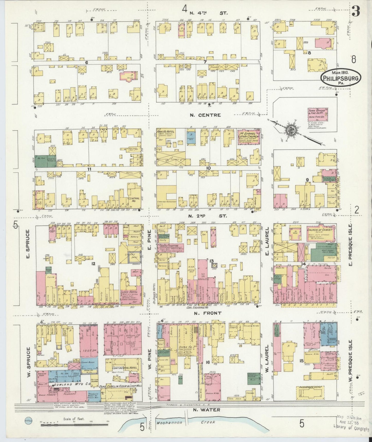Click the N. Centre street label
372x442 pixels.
tap(205, 115)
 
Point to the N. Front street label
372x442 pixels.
tap(208, 313)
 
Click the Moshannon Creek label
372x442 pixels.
tap(189, 422)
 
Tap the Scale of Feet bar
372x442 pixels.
tap(75, 424)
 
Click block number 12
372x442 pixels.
tap(93, 264)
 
